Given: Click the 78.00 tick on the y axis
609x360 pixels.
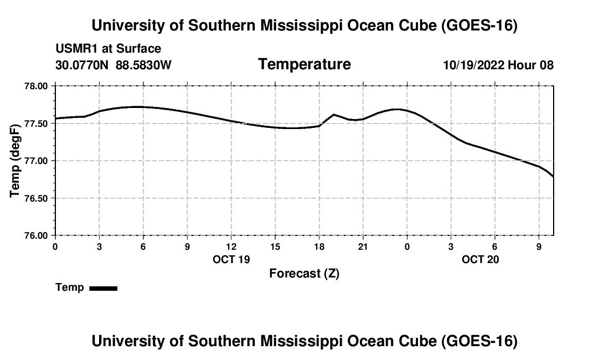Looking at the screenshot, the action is tap(36, 86).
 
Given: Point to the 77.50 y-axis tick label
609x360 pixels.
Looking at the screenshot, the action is tap(36, 124).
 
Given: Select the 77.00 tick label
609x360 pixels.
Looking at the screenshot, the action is tap(36, 161).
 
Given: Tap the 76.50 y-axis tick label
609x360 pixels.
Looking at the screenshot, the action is tap(36, 198).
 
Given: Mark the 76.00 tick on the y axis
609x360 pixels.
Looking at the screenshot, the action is tap(36, 236).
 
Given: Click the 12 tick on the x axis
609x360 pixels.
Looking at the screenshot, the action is tap(231, 246).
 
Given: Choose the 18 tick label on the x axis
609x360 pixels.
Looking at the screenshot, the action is tap(319, 246).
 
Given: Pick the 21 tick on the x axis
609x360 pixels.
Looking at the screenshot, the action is tap(363, 246).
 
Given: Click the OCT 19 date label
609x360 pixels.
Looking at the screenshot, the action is tap(231, 259).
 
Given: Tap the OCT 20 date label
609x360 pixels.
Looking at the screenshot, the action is tap(481, 259).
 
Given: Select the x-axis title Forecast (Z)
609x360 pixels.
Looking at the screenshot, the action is tap(304, 274).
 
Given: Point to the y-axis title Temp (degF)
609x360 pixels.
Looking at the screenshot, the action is tap(15, 161).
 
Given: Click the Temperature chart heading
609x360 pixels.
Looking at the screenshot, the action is tap(304, 64).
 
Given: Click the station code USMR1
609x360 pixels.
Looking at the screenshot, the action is tap(77, 49).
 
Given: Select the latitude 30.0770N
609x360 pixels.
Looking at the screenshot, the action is tap(82, 65).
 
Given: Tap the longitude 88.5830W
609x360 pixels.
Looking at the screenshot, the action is tap(144, 65).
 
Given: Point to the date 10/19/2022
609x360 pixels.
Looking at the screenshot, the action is tap(474, 65).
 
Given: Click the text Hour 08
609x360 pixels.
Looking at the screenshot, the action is tap(530, 65).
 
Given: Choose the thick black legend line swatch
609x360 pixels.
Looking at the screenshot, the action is tap(104, 288).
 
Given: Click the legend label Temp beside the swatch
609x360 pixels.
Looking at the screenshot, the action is tap(70, 287).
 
